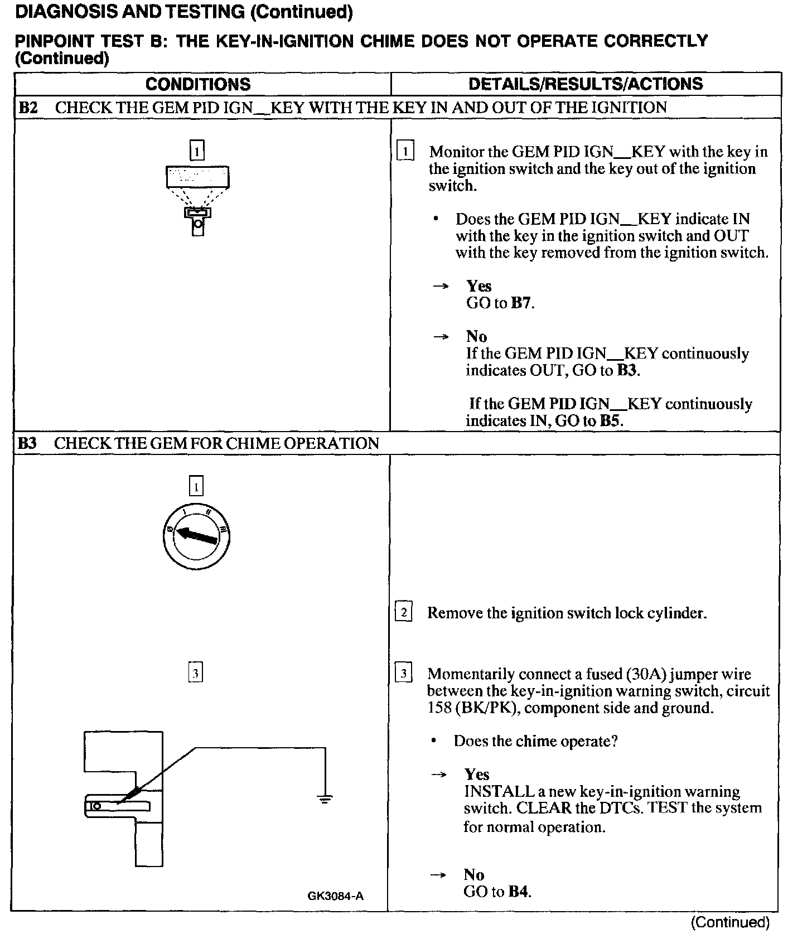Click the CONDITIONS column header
198,84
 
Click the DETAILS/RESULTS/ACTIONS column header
586,84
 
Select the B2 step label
28,108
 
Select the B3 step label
27,443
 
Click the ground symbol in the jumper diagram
325,799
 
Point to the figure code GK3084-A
335,896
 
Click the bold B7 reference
521,303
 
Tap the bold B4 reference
518,892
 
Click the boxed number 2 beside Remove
403,612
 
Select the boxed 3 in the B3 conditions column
195,673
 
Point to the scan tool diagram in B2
197,195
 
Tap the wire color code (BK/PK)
489,708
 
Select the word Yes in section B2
479,286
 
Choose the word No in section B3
473,874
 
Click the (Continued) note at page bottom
730,923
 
